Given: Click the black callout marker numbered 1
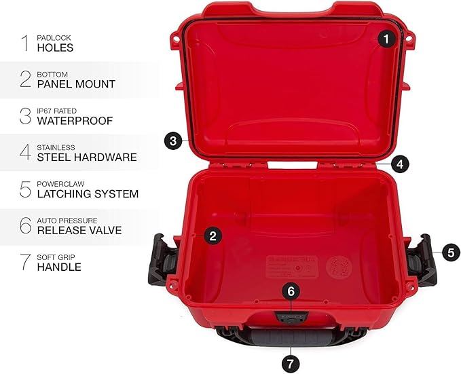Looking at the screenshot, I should [386, 39].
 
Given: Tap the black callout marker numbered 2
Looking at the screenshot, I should [213, 236].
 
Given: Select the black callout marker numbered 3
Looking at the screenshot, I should [174, 141].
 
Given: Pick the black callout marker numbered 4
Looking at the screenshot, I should [400, 164].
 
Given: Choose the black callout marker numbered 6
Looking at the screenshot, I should [291, 291].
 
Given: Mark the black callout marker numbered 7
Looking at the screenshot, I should [291, 363].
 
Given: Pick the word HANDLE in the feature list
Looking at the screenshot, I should [60, 267].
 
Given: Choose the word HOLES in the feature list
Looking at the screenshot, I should [56, 48].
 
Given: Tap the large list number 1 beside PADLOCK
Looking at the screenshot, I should [25, 43].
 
